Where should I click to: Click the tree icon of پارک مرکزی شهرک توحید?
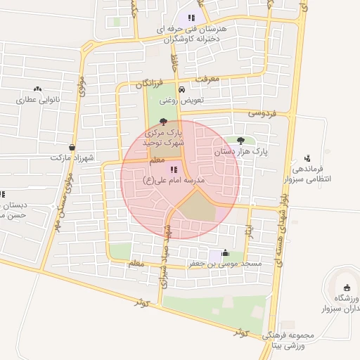pyautogui.click(x=163, y=122)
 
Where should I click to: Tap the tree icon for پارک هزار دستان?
pyautogui.click(x=242, y=140)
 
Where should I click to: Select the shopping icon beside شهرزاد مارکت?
pyautogui.click(x=72, y=147)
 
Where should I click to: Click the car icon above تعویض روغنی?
pyautogui.click(x=182, y=90)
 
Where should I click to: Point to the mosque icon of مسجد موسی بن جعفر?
pyautogui.click(x=225, y=253)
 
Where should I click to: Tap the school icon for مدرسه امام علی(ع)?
pyautogui.click(x=173, y=169)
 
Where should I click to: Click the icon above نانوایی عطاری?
pyautogui.click(x=37, y=89)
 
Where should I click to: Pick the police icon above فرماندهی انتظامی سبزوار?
pyautogui.click(x=307, y=158)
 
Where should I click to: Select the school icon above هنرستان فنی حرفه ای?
pyautogui.click(x=191, y=18)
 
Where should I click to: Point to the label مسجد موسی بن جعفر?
pyautogui.click(x=224, y=264)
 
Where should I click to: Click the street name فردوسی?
pyautogui.click(x=264, y=112)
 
